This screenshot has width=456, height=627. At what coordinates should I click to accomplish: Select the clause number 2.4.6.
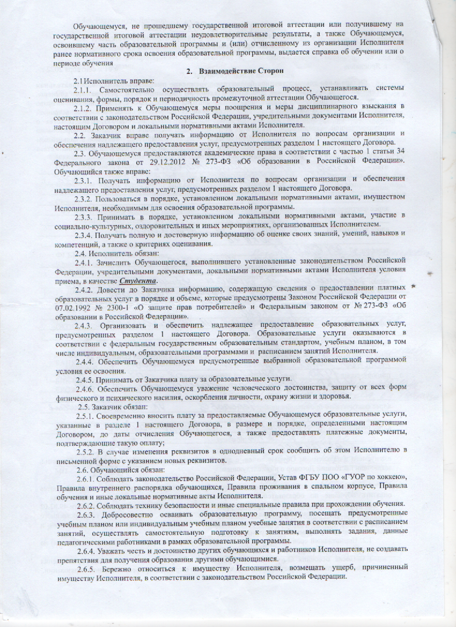[x=86, y=386]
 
